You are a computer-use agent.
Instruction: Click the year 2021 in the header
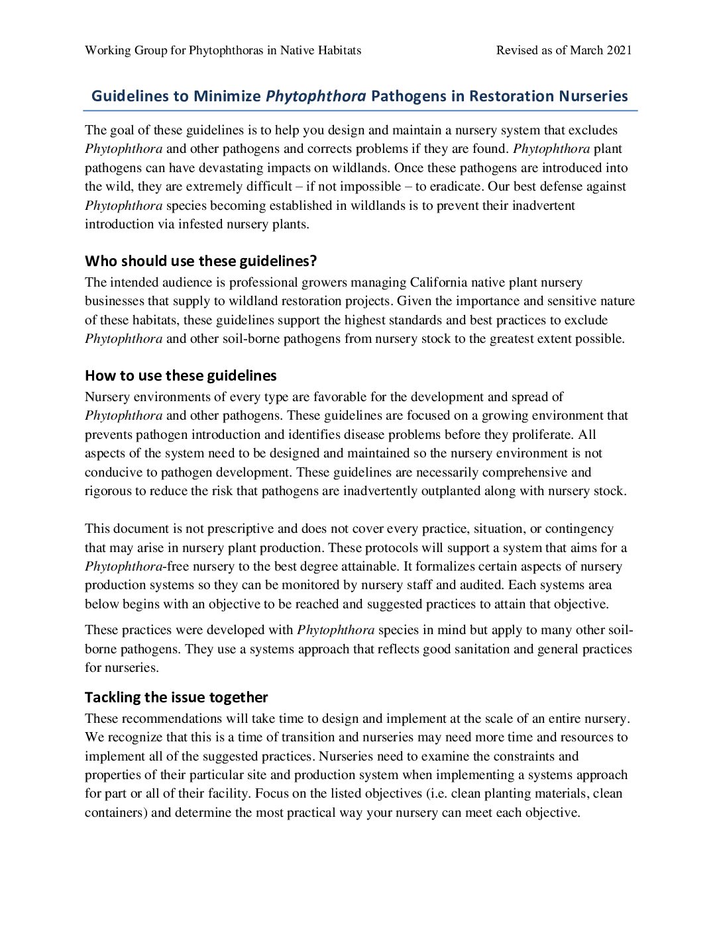click(619, 50)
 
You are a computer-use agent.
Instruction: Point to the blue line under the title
click(360, 111)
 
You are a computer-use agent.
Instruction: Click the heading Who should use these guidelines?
click(201, 261)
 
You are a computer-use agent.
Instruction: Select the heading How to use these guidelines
click(181, 375)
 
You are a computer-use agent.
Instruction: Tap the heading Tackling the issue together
click(176, 697)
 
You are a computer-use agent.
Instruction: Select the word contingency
click(581, 529)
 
